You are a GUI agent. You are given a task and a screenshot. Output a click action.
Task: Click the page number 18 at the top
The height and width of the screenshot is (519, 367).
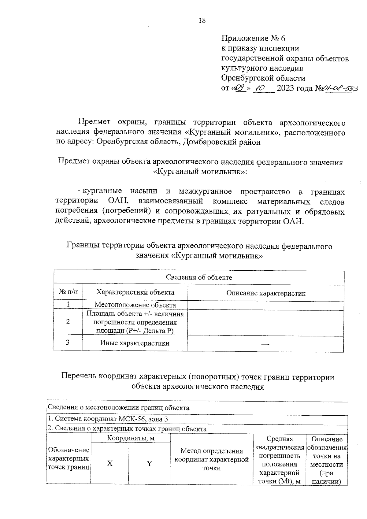pos(202,20)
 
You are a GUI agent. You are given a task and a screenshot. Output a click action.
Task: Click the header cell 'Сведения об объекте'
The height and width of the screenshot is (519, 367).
pos(199,277)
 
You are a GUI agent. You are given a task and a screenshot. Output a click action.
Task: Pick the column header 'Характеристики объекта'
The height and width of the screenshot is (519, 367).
pos(135,292)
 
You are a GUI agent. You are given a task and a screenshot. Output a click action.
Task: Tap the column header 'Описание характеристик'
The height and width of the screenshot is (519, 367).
pos(265,293)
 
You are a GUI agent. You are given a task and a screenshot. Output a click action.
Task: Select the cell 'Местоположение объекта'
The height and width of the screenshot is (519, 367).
pos(135,305)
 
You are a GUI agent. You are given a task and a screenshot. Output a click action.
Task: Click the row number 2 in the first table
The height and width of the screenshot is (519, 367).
pos(68,321)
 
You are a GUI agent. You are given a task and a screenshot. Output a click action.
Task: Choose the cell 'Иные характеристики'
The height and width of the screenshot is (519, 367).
pos(135,343)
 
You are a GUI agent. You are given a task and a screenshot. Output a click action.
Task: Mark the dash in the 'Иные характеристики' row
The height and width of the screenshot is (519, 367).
pos(265,344)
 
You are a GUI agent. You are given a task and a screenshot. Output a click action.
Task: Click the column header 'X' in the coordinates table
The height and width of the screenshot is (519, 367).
pos(110,463)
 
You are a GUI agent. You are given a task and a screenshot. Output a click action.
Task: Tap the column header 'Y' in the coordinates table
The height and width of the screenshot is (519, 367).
pos(149,464)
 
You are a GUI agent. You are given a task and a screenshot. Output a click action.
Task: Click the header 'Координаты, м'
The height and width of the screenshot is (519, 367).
pos(130,439)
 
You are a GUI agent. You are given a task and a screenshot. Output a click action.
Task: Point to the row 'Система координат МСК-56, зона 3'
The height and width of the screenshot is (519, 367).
pos(108,419)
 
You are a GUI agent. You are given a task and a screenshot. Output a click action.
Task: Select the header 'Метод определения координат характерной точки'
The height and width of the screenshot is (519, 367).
pos(211,459)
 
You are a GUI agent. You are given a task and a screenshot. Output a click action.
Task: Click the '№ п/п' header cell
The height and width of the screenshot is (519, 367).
pos(68,292)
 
